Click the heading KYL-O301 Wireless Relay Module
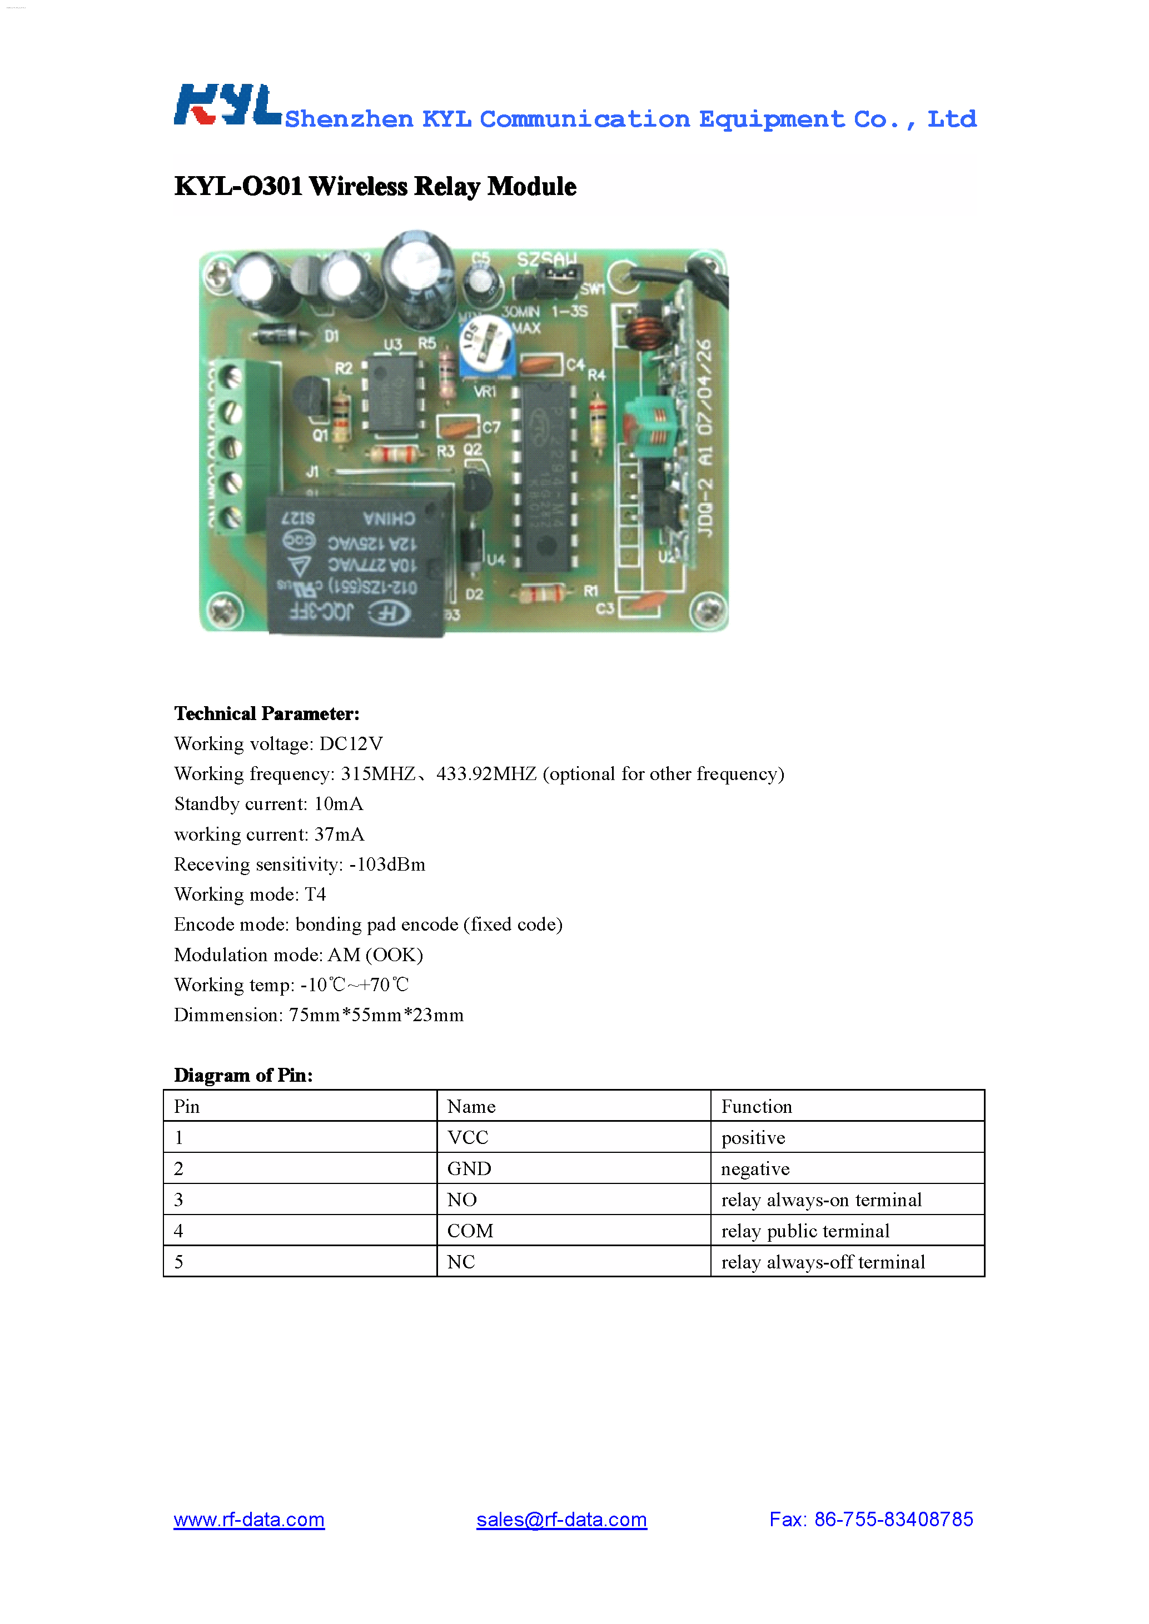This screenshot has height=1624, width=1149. tap(375, 187)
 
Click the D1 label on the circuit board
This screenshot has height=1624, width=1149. tap(331, 336)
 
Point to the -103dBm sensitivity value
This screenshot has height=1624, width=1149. tap(387, 865)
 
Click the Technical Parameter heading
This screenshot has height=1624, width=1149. tap(267, 714)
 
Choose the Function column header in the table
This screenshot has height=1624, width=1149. tap(757, 1106)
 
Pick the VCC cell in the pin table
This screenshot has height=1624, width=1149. tap(467, 1137)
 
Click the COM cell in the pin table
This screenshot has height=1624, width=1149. tap(470, 1231)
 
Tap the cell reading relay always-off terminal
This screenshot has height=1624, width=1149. tap(823, 1262)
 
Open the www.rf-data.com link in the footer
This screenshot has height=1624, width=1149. tap(249, 1520)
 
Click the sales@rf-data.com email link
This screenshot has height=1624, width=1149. tap(561, 1520)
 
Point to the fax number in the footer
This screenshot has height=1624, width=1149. tap(871, 1520)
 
